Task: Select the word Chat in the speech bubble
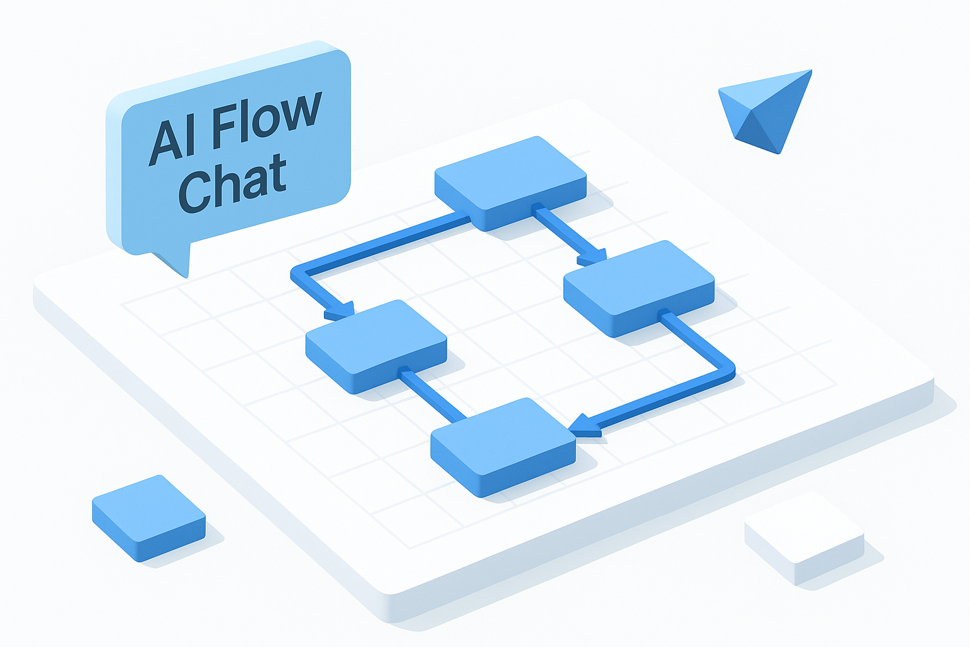coord(232,184)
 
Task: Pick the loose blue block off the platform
coord(148,517)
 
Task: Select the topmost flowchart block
coord(510,181)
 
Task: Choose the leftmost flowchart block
coord(376,344)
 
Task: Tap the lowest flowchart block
coord(503,445)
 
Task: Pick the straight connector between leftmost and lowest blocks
coord(433,396)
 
